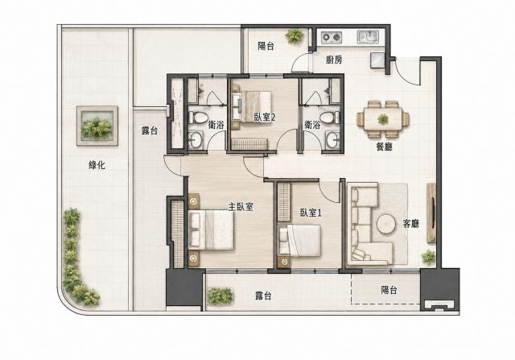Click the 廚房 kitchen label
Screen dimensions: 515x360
pos(334,60)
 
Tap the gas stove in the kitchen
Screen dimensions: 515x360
pos(332,37)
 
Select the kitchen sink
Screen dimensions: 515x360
pos(369,37)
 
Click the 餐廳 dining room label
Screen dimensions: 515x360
pos(384,147)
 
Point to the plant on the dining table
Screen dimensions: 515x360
pos(383,118)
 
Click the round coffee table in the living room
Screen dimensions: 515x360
pos(386,224)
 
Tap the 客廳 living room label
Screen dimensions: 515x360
pos(411,224)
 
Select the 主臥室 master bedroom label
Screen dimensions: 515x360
pos(241,206)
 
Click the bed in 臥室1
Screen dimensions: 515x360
pos(299,241)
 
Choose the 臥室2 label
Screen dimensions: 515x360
pos(265,117)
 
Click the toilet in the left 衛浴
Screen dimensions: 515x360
pos(198,118)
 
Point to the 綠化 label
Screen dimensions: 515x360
pos(97,165)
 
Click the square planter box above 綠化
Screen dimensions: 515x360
pos(97,126)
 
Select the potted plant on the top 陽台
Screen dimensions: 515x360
pos(295,35)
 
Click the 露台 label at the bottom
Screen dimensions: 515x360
pos(263,296)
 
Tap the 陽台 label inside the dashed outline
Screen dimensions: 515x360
pos(389,290)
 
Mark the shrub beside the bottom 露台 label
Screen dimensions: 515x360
pos(220,296)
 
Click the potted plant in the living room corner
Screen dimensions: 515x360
pos(428,256)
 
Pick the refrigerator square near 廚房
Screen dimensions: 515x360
pos(377,60)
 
